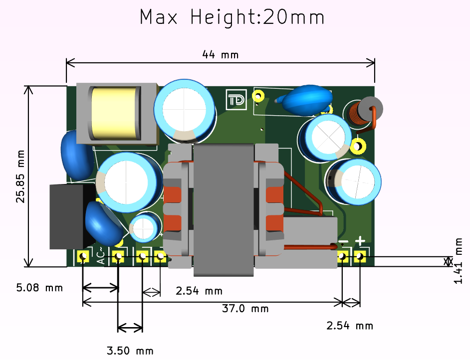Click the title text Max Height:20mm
(233, 17)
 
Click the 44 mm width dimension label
(221, 55)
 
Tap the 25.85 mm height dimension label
(20, 177)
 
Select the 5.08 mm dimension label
(39, 288)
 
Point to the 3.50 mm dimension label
(130, 351)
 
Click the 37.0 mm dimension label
(245, 309)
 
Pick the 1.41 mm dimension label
(459, 261)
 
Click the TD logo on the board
(236, 100)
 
